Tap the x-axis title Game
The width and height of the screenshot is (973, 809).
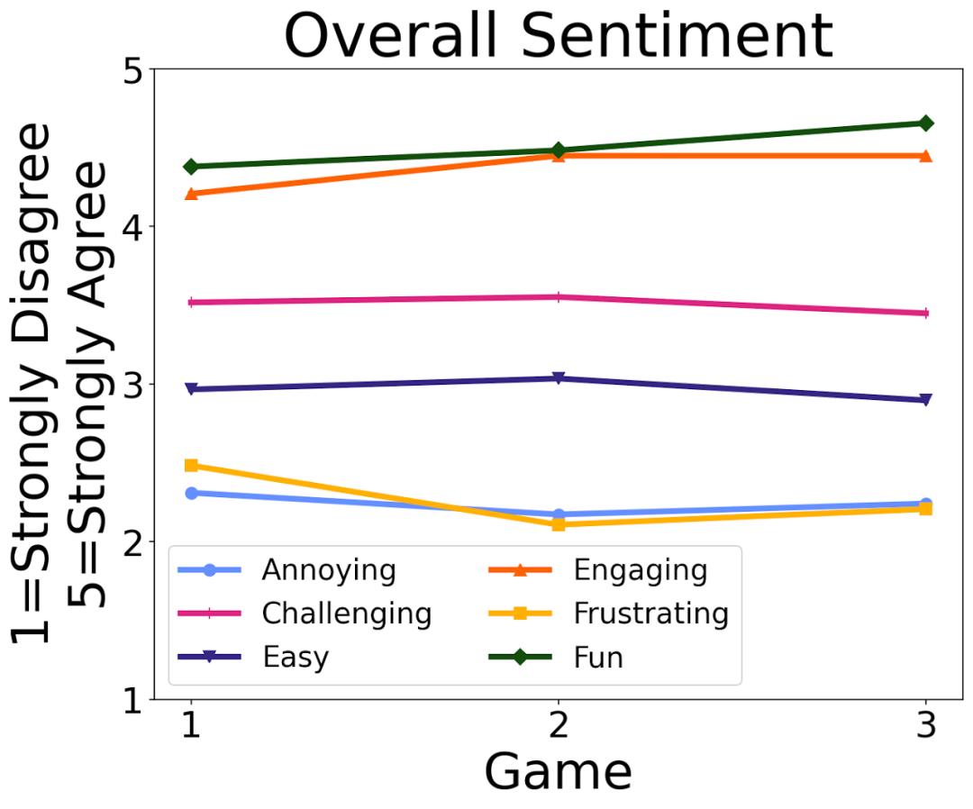pyautogui.click(x=558, y=772)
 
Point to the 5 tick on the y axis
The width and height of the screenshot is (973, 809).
pyautogui.click(x=134, y=69)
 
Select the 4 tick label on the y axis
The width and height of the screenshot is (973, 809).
pyautogui.click(x=134, y=226)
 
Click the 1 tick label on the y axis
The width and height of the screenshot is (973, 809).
pyautogui.click(x=134, y=700)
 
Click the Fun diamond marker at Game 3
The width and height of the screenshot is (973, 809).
pyautogui.click(x=926, y=123)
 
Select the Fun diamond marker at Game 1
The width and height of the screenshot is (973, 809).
pyautogui.click(x=190, y=167)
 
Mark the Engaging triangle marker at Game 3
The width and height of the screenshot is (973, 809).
pyautogui.click(x=926, y=155)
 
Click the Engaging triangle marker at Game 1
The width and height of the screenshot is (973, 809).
pyautogui.click(x=190, y=193)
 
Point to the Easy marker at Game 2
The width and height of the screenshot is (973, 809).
pyautogui.click(x=558, y=378)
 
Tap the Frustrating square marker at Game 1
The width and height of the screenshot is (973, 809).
pyautogui.click(x=190, y=466)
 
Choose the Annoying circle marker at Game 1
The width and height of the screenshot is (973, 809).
pyautogui.click(x=190, y=493)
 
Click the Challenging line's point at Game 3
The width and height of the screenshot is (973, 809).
pyautogui.click(x=926, y=314)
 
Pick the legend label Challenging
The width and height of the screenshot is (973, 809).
pyautogui.click(x=347, y=614)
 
